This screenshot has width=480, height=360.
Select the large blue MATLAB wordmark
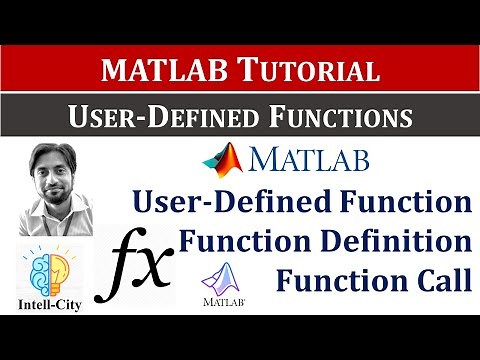pyautogui.click(x=310, y=160)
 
